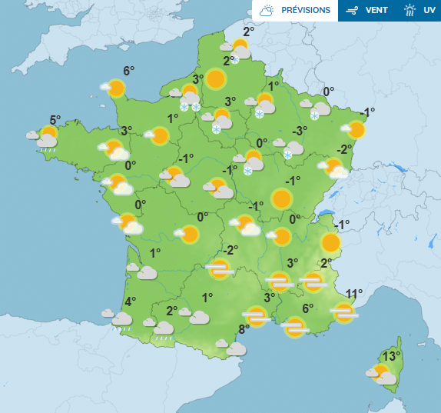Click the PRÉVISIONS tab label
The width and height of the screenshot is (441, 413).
306,11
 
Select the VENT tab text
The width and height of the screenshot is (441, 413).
376,11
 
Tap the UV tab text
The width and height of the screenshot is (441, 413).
429,11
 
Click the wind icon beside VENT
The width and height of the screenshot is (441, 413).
353,11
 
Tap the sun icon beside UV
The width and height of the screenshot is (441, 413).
410,11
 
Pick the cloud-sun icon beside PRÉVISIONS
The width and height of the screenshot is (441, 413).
267,11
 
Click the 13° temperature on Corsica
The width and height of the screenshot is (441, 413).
392,356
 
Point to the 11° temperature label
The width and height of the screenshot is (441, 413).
353,294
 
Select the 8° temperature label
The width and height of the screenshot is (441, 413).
244,330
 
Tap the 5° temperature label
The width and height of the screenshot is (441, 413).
55,120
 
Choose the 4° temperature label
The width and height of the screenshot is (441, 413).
130,301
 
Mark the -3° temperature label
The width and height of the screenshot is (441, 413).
299,130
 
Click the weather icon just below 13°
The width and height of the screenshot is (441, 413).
383,375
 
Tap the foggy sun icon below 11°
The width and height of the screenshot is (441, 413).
344,312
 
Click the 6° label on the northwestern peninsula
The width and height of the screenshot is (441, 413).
128,71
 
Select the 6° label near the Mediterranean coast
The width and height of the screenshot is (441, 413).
307,308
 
